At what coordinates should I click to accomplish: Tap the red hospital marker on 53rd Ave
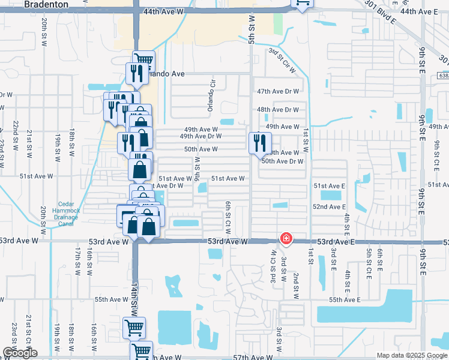click(x=286, y=238)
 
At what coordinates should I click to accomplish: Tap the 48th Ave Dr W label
click(x=278, y=110)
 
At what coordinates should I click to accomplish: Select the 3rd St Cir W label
click(x=282, y=61)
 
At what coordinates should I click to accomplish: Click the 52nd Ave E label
click(x=329, y=206)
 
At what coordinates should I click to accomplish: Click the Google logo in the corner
click(x=20, y=353)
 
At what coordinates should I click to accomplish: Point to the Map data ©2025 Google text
click(x=411, y=355)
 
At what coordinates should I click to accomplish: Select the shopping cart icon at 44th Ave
click(x=302, y=4)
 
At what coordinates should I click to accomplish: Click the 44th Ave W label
click(x=164, y=11)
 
